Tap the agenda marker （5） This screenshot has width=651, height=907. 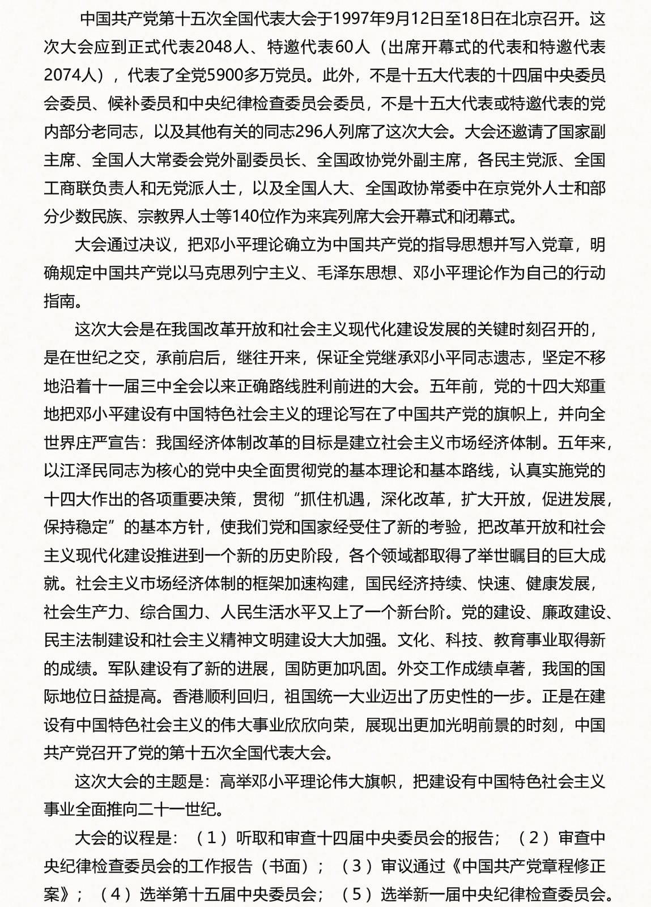(357, 895)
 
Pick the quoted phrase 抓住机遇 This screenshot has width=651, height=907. (332, 499)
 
